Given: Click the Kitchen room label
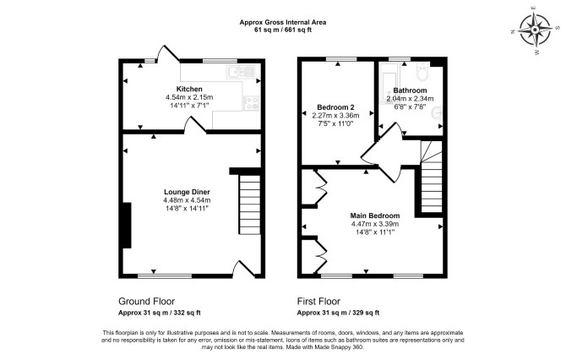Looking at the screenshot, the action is click(189, 89).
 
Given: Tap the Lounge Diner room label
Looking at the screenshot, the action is click(187, 192).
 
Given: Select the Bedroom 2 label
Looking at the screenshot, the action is click(335, 107).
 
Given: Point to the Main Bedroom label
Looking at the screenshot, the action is click(375, 215).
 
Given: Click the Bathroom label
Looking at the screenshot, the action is click(410, 90).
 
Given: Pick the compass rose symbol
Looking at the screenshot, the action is click(535, 30).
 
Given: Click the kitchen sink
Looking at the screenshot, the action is click(240, 72).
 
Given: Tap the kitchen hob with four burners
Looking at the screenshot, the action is click(252, 102).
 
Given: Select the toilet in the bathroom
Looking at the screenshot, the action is click(422, 72).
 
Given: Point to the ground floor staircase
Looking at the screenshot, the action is click(249, 205).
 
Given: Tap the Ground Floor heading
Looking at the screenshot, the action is click(146, 301).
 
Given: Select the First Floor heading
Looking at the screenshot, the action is click(318, 301).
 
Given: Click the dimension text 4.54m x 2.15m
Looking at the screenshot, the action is click(189, 97).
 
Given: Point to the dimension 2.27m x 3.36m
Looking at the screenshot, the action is click(335, 116).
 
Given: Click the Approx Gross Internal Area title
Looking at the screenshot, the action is click(283, 22).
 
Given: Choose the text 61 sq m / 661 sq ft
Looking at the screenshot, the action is click(283, 30).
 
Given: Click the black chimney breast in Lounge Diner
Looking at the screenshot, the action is click(127, 226).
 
